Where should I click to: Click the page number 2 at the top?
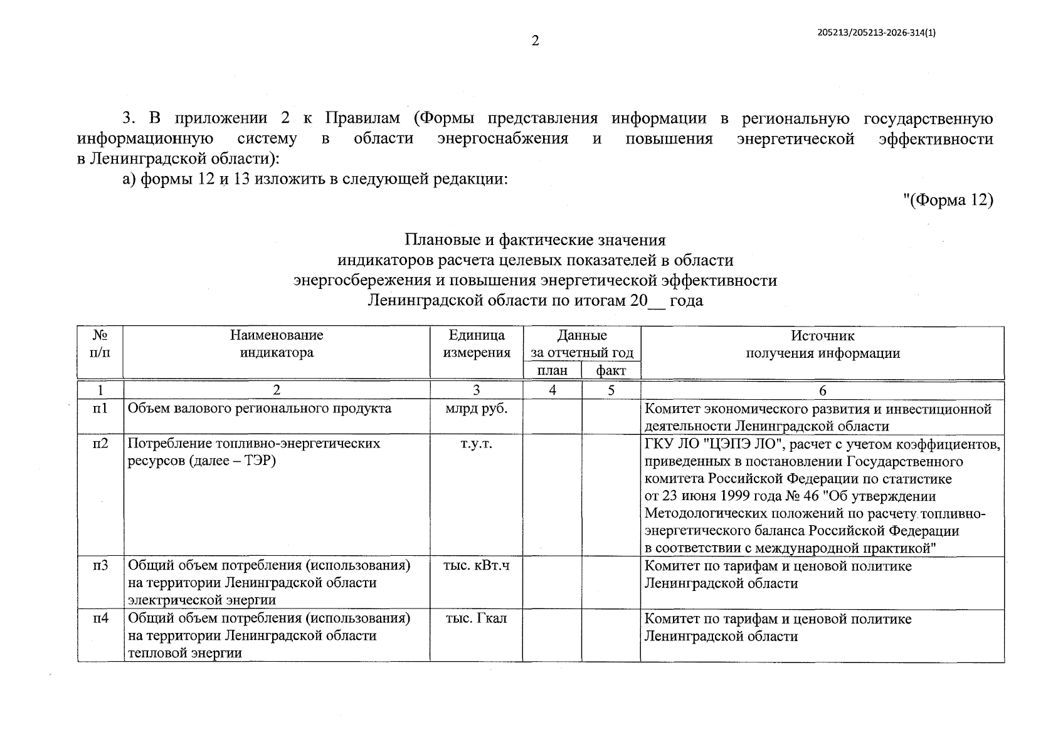pyautogui.click(x=535, y=42)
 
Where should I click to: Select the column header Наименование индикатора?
pyautogui.click(x=277, y=343)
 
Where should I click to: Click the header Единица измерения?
pyautogui.click(x=477, y=343)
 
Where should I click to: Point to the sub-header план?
pyautogui.click(x=553, y=370)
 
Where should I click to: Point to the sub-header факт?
pyautogui.click(x=611, y=370)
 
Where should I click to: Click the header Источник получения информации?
pyautogui.click(x=822, y=344)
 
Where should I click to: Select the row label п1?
pyautogui.click(x=100, y=409)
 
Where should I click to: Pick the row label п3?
pyautogui.click(x=100, y=565)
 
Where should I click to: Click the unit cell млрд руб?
pyautogui.click(x=477, y=409)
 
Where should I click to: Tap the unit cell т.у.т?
pyautogui.click(x=477, y=444)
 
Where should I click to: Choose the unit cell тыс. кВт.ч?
pyautogui.click(x=477, y=565)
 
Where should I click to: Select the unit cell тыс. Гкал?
pyautogui.click(x=477, y=619)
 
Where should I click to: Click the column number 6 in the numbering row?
pyautogui.click(x=822, y=390)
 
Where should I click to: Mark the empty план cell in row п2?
pyautogui.click(x=553, y=495)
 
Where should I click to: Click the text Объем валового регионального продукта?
pyautogui.click(x=260, y=409)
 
